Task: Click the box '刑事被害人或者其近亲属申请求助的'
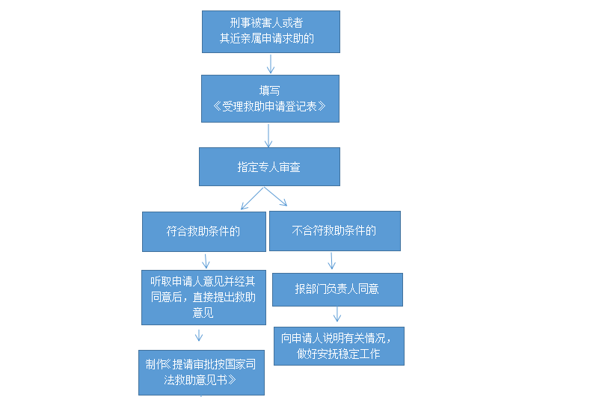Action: (270, 31)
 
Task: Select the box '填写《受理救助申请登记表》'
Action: (270, 98)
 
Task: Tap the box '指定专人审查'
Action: (269, 167)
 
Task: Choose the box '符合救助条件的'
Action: (203, 231)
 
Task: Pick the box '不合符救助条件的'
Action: (334, 230)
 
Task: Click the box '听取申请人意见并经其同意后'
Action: (203, 297)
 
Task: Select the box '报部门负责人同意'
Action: (337, 289)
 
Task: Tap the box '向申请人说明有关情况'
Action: (339, 345)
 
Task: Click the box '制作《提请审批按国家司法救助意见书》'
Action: (201, 372)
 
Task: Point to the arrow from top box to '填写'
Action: (271, 64)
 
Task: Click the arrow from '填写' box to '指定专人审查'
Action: (268, 135)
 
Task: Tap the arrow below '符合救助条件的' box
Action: (205, 260)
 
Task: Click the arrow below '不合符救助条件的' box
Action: (332, 260)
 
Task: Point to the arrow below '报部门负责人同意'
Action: (337, 314)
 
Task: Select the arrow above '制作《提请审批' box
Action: (199, 334)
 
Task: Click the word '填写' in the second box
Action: (270, 90)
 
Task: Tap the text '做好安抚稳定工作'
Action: (339, 354)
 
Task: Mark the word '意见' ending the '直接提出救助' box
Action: (203, 313)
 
